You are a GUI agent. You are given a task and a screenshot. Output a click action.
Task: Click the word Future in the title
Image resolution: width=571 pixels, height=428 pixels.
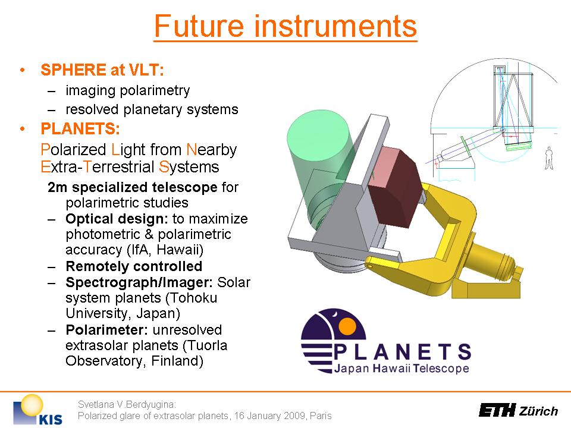[x=199, y=26]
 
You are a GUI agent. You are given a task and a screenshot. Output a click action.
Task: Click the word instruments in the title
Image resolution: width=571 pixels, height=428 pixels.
[x=335, y=26]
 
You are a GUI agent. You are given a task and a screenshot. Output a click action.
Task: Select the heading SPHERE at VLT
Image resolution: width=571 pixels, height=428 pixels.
[x=102, y=70]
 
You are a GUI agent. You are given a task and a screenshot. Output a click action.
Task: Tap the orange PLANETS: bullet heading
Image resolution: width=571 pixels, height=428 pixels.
[x=80, y=128]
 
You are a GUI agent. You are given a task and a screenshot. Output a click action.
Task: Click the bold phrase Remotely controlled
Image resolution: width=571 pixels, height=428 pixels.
[x=134, y=266]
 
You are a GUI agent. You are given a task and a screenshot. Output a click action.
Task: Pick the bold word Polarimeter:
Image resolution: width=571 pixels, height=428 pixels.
[x=106, y=330]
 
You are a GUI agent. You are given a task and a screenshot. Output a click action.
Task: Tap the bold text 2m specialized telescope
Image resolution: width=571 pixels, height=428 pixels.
[x=133, y=187]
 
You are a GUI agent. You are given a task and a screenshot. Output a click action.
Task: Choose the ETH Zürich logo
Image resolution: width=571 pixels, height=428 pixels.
[x=519, y=410]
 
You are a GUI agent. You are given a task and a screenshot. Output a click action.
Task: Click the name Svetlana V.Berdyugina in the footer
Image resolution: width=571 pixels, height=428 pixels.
[x=127, y=404]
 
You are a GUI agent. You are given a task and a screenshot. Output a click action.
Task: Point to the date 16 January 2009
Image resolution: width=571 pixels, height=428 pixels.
[x=270, y=416]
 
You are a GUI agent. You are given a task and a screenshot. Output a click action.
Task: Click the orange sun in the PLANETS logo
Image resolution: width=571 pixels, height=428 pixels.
[x=347, y=326]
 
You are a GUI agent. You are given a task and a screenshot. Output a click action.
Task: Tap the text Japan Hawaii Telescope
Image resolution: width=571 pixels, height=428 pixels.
[x=401, y=369]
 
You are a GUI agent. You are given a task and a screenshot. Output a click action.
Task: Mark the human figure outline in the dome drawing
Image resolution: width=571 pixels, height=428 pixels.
[x=549, y=158]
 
